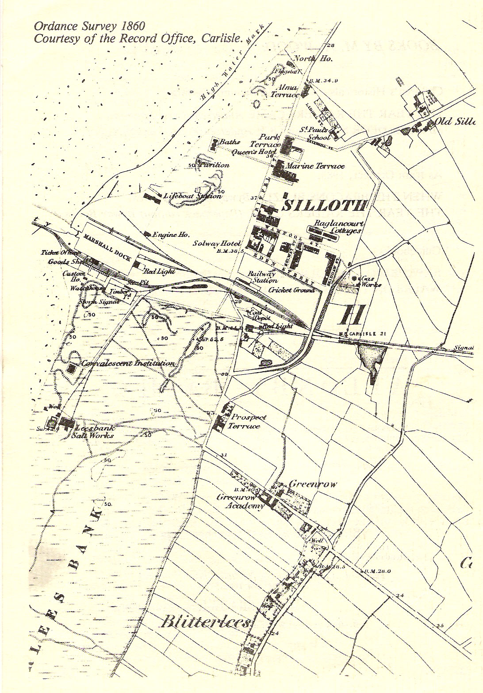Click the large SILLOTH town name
tap(325, 205)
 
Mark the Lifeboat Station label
tap(192, 196)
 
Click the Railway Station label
tap(262, 277)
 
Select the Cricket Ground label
tap(291, 290)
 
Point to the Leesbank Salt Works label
tap(94, 431)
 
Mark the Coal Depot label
tap(256, 315)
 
